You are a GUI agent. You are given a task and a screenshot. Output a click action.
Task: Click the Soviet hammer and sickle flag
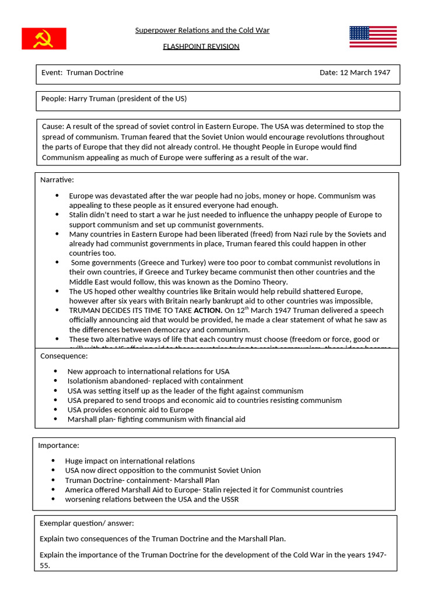44,38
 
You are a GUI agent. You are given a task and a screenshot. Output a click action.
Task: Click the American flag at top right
373,36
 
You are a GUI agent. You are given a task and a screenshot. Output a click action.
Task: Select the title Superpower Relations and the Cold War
202,30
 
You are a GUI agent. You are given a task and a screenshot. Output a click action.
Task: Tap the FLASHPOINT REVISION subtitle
201,47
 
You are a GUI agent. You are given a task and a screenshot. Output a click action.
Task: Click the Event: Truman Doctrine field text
82,73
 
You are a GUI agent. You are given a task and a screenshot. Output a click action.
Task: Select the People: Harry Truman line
114,99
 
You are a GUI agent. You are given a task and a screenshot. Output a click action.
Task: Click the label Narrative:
57,180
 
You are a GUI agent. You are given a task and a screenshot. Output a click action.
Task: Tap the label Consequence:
64,356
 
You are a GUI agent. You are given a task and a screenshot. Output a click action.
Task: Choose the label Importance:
58,446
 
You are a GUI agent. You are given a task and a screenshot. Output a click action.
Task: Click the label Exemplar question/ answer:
87,523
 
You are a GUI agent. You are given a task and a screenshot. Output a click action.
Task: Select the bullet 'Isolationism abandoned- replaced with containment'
155,381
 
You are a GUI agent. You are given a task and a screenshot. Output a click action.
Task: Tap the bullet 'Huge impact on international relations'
129,461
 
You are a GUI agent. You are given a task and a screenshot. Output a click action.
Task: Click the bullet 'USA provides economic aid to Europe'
130,409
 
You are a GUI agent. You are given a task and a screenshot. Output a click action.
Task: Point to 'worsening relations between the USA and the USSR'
152,499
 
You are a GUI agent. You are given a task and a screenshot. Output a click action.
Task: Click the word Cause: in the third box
52,127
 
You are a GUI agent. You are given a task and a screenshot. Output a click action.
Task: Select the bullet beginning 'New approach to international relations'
148,371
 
